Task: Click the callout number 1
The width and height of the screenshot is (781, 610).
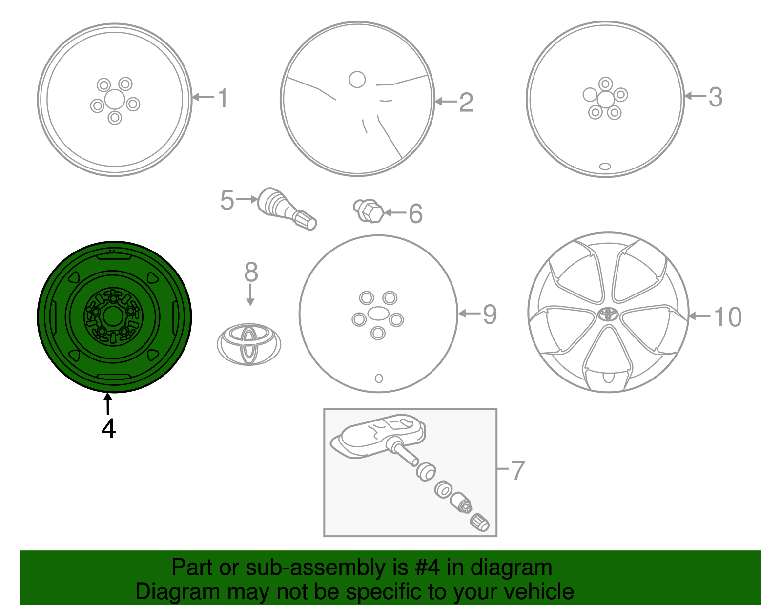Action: tap(223, 98)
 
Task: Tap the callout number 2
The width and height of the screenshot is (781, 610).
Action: tap(466, 102)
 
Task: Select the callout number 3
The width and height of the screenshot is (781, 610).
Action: tap(715, 97)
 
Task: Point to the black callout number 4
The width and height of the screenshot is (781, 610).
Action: tap(108, 428)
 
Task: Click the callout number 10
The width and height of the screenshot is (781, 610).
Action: tap(727, 316)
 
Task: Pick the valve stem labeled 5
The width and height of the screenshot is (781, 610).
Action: tap(287, 208)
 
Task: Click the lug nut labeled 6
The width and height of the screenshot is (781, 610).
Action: tap(369, 211)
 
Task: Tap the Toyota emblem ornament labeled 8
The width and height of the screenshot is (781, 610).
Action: tap(249, 344)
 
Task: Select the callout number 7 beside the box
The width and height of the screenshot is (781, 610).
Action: tap(517, 470)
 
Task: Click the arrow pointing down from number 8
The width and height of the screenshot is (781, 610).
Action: tap(250, 295)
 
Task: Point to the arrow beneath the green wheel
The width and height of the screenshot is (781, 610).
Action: tap(107, 404)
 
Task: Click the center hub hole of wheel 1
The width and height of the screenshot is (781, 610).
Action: tap(115, 100)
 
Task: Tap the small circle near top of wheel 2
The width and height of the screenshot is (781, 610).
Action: tap(357, 80)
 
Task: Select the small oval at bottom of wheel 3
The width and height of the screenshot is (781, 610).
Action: tap(605, 167)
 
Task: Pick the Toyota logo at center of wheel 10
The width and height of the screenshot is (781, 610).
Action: tap(608, 314)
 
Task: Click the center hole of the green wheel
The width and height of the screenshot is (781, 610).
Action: tap(112, 316)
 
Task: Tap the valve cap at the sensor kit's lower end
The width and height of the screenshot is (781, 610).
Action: tap(479, 523)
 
